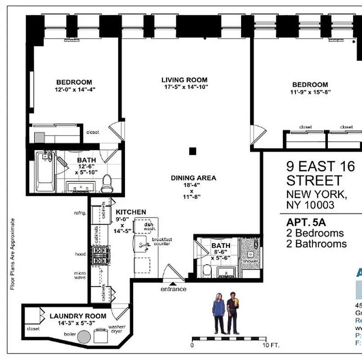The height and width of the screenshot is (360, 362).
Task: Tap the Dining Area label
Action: pos(193,178)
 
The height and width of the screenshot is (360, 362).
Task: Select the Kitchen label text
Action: pos(131,212)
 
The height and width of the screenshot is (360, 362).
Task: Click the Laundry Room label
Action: pos(78,316)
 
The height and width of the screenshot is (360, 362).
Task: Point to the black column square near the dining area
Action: pos(192,151)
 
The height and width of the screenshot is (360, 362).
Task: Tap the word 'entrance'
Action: pos(173,289)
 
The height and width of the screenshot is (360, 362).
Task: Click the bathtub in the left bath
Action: pos(45,171)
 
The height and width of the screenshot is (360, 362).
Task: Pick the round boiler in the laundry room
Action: pos(84,337)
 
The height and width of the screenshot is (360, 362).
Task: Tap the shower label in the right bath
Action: pos(250,261)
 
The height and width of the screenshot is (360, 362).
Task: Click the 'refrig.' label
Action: pos(80,213)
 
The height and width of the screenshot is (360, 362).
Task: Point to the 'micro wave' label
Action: pos(80,275)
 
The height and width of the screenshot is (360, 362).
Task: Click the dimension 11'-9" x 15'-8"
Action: pos(310,92)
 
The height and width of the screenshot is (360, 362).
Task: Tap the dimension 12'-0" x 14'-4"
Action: pos(74,90)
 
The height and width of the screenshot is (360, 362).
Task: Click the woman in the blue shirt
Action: pos(219,314)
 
